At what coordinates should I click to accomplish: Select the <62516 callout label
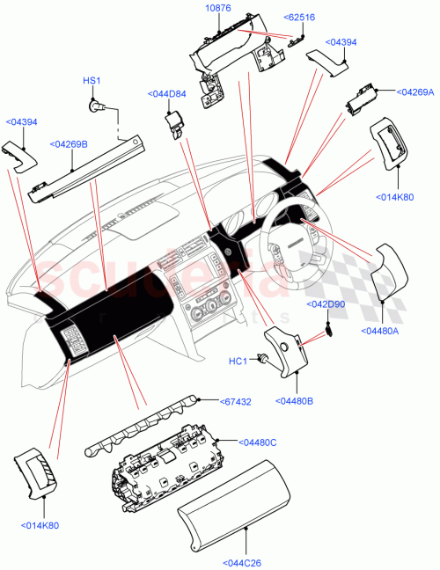299,17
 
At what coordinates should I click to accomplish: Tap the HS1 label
92,81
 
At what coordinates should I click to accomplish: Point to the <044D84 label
165,93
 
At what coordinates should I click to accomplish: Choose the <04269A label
414,91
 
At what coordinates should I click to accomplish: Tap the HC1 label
238,361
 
